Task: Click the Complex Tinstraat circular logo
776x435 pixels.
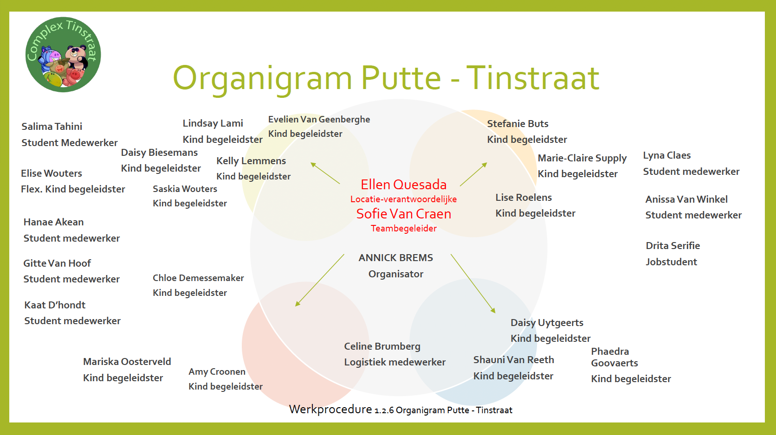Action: coord(63,54)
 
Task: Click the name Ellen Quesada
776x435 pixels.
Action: coord(404,185)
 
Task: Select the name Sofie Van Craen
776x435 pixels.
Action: coord(404,214)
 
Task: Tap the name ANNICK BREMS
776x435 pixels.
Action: coord(395,258)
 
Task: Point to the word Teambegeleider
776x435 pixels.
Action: coord(404,229)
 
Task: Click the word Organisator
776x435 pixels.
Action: coord(395,274)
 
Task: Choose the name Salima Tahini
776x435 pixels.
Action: coord(52,127)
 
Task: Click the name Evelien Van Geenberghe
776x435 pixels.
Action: coord(319,119)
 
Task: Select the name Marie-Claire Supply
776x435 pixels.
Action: coord(582,158)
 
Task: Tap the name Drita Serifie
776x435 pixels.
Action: coord(673,246)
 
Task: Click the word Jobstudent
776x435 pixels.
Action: coord(672,262)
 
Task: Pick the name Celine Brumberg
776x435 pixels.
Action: coord(382,346)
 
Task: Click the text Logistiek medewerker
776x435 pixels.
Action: coord(394,362)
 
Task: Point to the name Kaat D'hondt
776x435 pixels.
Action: coord(55,305)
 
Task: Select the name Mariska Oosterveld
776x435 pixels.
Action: coord(127,362)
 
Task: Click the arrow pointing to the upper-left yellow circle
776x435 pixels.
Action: coord(325,173)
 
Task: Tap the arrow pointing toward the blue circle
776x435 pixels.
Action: coord(473,284)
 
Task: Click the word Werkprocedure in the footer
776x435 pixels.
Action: coord(330,409)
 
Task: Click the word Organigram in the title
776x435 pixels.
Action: coord(262,79)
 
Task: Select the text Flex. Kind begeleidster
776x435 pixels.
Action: coord(73,189)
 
